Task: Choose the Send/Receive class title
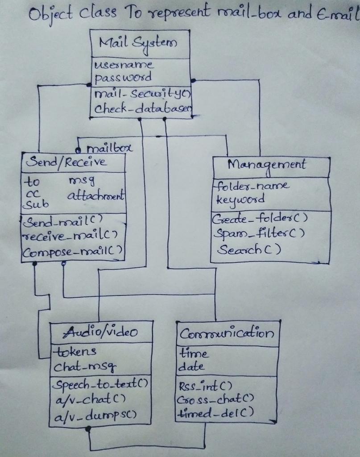click(66, 162)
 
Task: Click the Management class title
click(267, 165)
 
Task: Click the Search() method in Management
click(249, 250)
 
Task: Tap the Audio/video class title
click(101, 331)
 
